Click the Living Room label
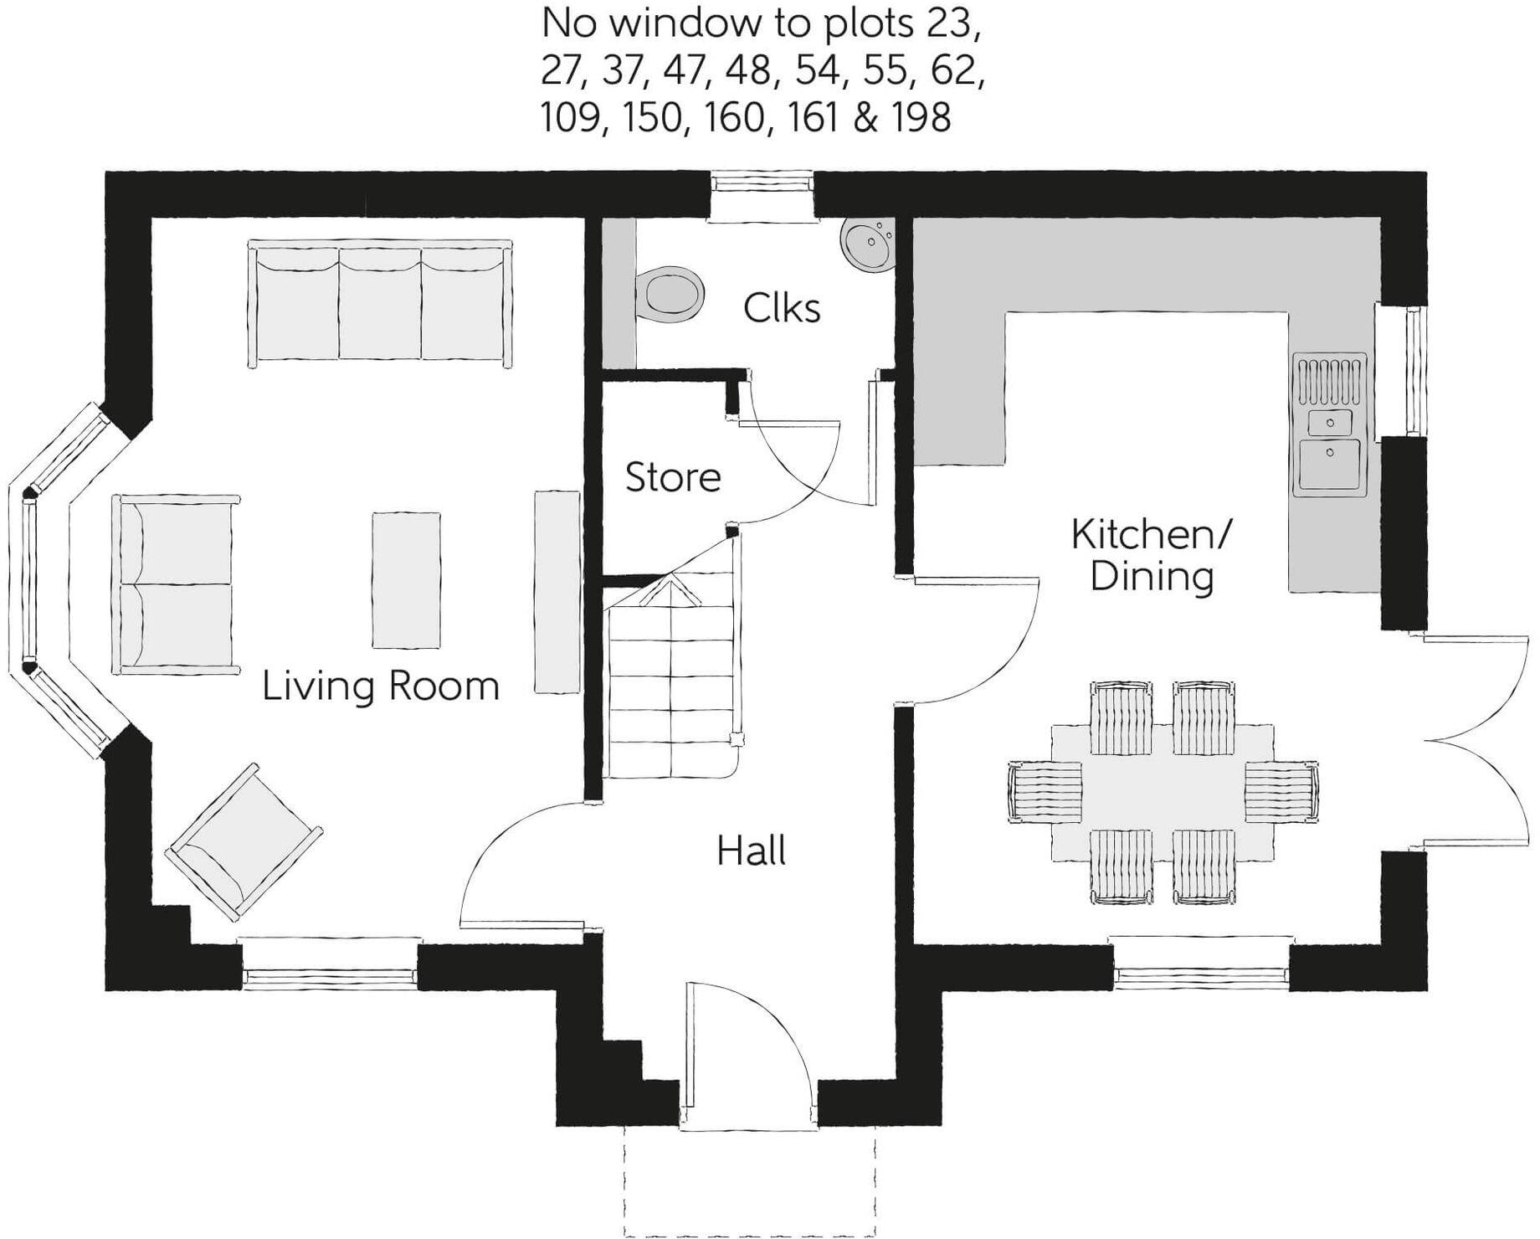click(381, 686)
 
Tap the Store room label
click(673, 477)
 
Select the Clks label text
click(782, 309)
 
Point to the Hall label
click(751, 851)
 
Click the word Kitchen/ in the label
click(1152, 534)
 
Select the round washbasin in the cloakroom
click(868, 243)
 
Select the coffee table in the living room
click(407, 580)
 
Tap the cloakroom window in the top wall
click(762, 184)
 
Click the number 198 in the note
click(921, 117)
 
